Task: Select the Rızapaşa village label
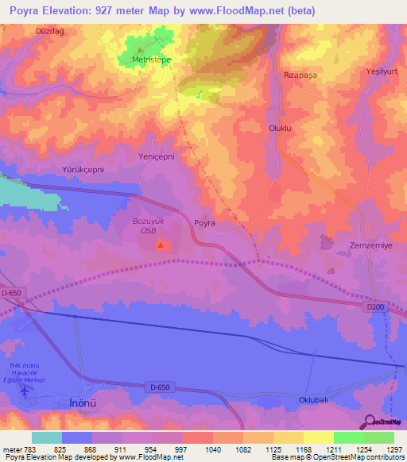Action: tap(300, 75)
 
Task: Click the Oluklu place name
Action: tap(281, 127)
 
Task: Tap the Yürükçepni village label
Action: tap(83, 170)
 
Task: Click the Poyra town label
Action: tap(204, 224)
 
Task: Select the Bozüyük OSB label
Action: tap(149, 225)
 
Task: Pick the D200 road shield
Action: tap(375, 306)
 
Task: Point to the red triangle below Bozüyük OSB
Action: tap(161, 244)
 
